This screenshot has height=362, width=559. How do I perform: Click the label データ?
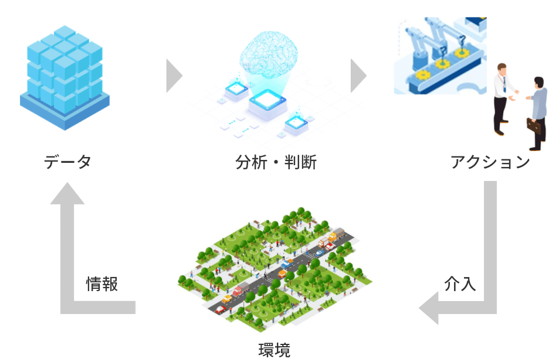67,162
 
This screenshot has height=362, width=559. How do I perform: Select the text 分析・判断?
276,162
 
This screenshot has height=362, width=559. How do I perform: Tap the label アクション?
490,162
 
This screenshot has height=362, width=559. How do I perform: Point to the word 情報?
102,284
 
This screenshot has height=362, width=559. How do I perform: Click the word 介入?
460,284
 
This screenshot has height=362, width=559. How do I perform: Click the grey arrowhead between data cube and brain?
174,75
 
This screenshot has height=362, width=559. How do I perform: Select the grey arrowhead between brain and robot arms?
358,75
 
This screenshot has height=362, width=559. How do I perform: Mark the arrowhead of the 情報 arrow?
67,193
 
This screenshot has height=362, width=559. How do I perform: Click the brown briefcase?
534,125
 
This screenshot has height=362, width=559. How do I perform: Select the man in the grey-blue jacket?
537,108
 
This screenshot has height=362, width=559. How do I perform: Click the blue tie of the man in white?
503,86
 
